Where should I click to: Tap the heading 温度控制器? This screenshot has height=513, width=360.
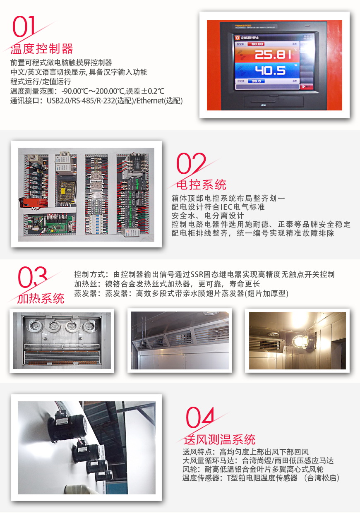[41, 49]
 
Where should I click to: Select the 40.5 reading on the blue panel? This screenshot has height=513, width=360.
[270, 70]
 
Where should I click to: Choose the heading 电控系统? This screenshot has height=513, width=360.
[201, 184]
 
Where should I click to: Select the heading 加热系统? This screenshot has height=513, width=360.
[41, 298]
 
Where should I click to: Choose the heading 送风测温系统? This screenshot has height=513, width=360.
[220, 439]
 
